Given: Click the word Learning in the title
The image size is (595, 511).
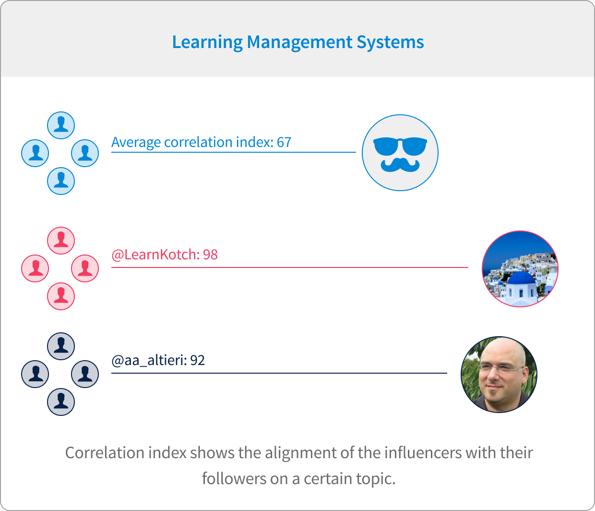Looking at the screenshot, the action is click(x=207, y=43).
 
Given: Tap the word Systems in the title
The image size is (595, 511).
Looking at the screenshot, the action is click(x=390, y=43).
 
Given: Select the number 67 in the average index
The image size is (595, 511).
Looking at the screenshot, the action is click(x=284, y=142).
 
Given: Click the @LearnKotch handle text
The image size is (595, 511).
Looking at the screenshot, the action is click(x=155, y=255).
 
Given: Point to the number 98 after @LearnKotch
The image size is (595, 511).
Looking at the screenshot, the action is click(x=211, y=255).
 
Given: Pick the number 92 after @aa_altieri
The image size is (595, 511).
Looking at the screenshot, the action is click(x=198, y=361).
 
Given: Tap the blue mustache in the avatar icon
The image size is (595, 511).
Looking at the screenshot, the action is click(x=400, y=165).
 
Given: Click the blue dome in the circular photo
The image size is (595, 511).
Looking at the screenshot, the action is click(x=521, y=278).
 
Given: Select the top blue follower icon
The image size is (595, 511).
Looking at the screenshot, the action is click(x=61, y=125).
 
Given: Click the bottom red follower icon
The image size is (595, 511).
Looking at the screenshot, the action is click(x=61, y=296).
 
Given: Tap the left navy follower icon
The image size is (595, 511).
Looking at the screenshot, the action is click(x=35, y=374).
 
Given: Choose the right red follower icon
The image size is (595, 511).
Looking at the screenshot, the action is click(x=85, y=268).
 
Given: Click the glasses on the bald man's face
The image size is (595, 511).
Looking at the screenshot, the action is click(x=501, y=368).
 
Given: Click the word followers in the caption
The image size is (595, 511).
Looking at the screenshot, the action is click(x=234, y=479).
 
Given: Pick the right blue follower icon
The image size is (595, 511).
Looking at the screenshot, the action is click(x=85, y=153).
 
